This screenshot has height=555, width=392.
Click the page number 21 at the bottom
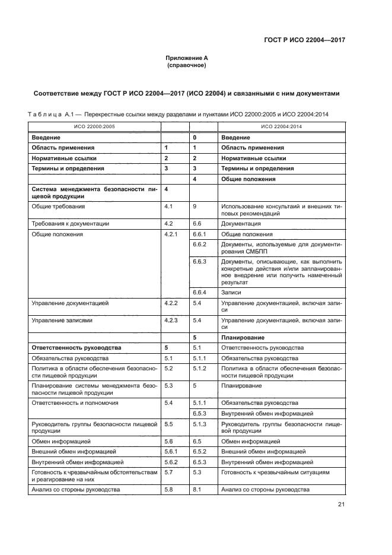pos(341,505)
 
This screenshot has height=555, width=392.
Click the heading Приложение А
pos(186,58)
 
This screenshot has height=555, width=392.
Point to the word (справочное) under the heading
pos(186,65)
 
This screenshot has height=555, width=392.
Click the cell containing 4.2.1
pos(171,234)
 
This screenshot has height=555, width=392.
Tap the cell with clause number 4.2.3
pos(171,320)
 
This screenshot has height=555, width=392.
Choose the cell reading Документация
pos(241,224)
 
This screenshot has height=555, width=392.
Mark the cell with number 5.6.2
pos(171,461)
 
